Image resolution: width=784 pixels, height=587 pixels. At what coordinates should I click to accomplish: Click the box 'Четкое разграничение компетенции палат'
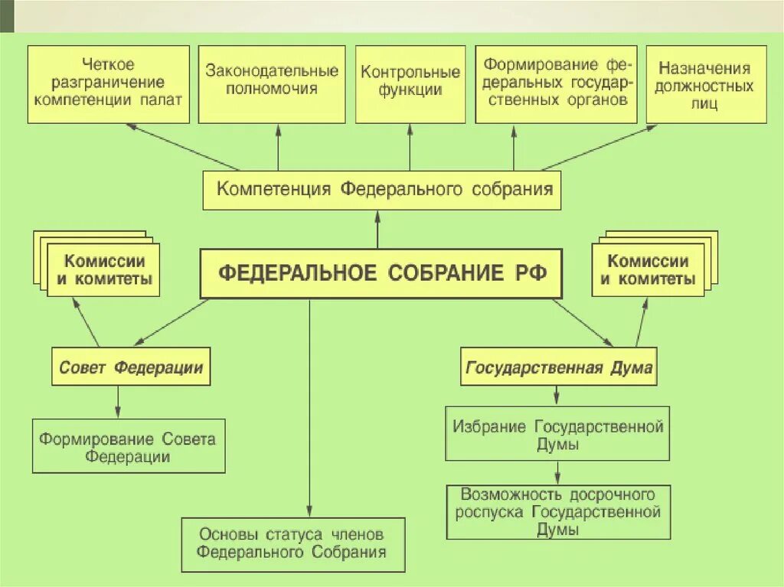(108, 84)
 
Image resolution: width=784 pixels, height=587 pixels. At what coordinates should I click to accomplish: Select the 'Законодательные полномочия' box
(272, 84)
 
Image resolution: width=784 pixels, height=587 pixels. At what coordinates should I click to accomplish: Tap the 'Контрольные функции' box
(410, 84)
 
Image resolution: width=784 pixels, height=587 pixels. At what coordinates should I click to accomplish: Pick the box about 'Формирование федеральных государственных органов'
(556, 84)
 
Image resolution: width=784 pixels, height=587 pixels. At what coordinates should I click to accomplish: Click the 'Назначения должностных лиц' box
(706, 84)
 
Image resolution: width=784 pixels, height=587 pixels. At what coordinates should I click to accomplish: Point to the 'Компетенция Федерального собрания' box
(381, 190)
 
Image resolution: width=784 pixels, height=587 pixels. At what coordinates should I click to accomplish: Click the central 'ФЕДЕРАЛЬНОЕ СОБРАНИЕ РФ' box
(381, 273)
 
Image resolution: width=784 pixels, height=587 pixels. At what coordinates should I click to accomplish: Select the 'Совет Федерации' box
(131, 367)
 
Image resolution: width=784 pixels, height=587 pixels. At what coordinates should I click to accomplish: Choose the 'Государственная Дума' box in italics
(560, 367)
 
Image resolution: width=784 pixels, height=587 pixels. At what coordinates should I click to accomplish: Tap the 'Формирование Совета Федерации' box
(129, 446)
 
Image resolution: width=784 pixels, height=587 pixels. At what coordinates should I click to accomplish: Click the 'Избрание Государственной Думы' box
(557, 434)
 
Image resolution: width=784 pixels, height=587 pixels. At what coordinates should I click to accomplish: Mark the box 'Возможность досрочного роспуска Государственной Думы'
(557, 511)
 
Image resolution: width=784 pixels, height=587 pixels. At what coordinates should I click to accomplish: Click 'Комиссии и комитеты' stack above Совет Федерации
(103, 269)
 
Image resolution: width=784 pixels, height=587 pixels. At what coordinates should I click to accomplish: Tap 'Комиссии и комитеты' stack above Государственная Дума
(648, 269)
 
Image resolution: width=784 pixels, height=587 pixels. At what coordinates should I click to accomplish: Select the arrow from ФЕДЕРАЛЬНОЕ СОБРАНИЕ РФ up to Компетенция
(377, 230)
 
